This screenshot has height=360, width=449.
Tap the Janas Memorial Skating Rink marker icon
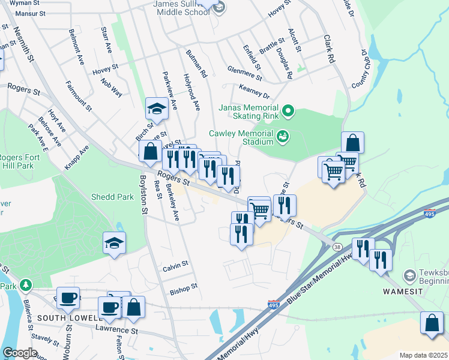288,110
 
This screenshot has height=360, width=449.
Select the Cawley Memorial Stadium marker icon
282,137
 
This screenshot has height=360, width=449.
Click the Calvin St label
175,264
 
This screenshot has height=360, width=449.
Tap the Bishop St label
183,289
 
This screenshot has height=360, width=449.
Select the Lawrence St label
116,330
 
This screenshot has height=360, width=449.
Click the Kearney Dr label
255,91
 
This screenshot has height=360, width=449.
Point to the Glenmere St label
244,73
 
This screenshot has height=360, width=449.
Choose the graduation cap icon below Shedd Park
113,242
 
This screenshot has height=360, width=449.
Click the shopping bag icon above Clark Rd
353,143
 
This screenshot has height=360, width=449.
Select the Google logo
20,353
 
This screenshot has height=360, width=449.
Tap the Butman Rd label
196,64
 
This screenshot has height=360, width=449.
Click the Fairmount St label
79,96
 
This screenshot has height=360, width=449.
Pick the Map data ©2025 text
423,355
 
